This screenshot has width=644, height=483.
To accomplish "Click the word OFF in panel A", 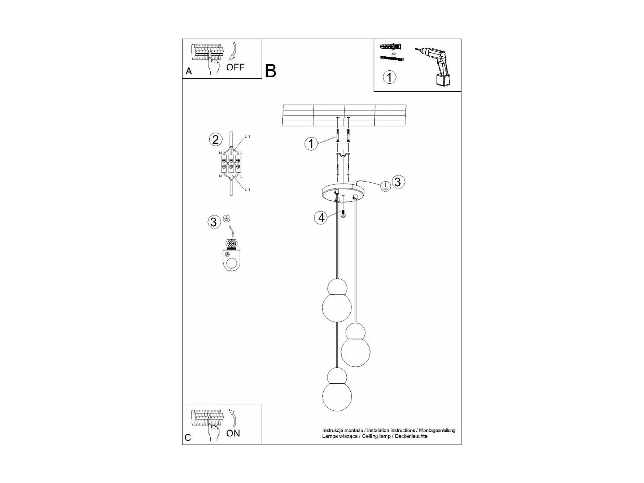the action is [235, 67].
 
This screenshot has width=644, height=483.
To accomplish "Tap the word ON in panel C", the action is [233, 433].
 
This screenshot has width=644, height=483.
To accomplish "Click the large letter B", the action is [271, 71].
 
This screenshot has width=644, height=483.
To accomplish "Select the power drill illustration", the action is [437, 67].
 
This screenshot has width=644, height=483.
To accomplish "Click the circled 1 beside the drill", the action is [389, 77].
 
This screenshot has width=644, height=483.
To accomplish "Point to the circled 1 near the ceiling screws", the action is [311, 144].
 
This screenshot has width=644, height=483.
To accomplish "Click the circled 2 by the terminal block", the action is [215, 139].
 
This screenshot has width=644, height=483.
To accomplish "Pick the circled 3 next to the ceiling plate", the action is [398, 182].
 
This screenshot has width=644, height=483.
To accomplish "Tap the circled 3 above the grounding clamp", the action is [214, 222].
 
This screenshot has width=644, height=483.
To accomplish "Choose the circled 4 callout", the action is [321, 218].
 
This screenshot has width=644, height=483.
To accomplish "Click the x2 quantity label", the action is [393, 53].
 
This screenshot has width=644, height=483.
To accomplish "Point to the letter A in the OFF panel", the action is [189, 71].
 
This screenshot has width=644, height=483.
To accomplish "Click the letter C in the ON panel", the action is [188, 438].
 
